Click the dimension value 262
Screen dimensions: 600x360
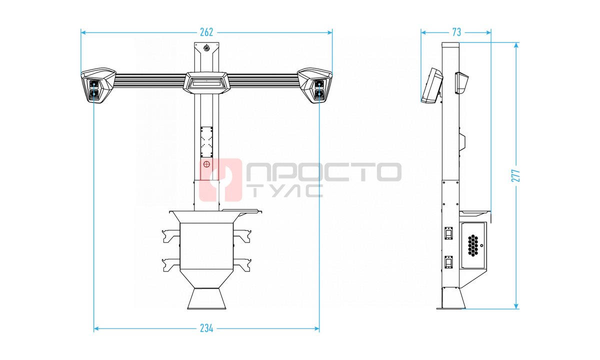pos(206,32)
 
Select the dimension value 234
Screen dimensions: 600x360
pos(206,328)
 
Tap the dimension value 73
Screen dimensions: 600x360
pos(456,32)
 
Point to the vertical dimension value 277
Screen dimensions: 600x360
pos(515,175)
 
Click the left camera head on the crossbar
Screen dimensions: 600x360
pos(98,85)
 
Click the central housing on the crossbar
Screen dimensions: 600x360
pos(206,83)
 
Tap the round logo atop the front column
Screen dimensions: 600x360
pos(207,48)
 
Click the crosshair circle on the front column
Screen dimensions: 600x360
pos(206,164)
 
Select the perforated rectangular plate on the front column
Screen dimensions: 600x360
pos(206,142)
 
